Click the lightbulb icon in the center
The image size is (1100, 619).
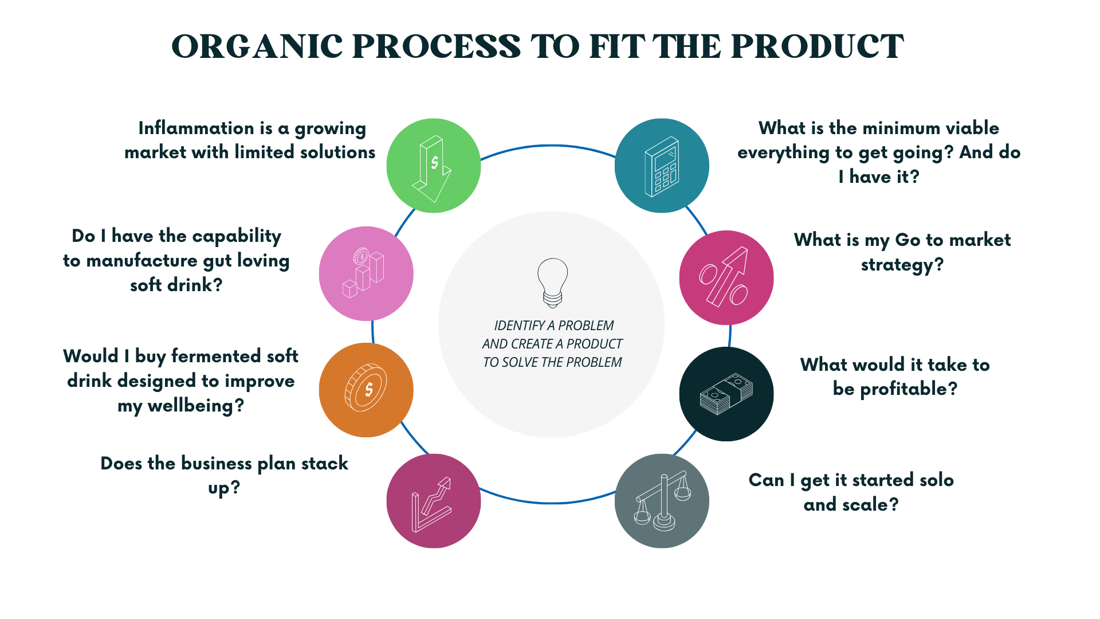[x=552, y=283]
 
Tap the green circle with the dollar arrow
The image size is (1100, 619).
[x=434, y=166]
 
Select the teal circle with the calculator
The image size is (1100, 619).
[x=662, y=166]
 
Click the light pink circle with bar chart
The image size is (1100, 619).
[x=366, y=274]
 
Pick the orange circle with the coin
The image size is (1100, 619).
[x=366, y=390]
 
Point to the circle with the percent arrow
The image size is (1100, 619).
[x=726, y=278]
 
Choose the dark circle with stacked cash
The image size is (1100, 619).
[x=726, y=394]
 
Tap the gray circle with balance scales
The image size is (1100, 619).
[x=662, y=501]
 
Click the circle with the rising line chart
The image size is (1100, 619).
[x=434, y=501]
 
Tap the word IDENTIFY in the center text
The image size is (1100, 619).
[x=519, y=326]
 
